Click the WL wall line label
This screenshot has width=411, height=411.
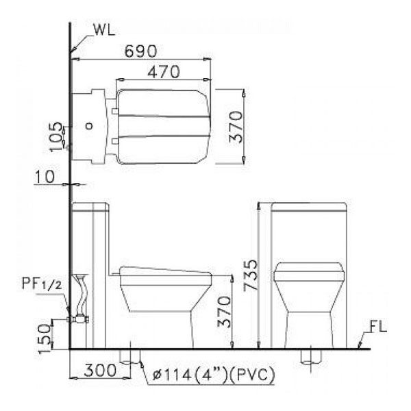[105, 30]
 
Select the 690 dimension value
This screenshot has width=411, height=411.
[140, 51]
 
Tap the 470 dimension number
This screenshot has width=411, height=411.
[164, 71]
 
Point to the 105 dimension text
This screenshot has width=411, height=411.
[56, 136]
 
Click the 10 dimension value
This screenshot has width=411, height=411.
[45, 177]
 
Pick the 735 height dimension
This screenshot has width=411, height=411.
[251, 275]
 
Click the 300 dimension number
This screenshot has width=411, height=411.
[100, 370]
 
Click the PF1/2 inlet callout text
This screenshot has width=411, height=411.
[42, 284]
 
